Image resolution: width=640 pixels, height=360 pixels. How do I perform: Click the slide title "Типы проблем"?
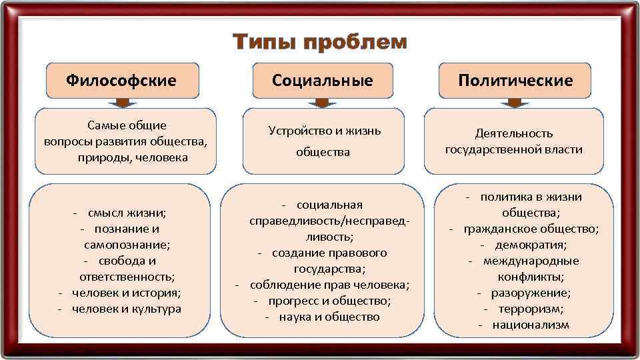click(x=320, y=43)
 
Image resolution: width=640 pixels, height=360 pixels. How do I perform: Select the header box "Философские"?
click(x=121, y=81)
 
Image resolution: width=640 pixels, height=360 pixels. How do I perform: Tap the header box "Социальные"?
click(x=322, y=81)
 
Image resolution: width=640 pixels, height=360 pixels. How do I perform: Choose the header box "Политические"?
click(x=515, y=81)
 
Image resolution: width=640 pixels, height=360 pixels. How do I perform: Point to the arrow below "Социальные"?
click(x=322, y=103)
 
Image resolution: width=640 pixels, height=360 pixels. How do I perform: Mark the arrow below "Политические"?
click(x=515, y=103)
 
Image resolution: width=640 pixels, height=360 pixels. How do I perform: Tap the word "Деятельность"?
click(x=514, y=133)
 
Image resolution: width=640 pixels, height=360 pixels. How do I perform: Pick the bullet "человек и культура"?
click(x=126, y=309)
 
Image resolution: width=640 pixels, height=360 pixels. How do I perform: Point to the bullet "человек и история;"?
click(x=126, y=293)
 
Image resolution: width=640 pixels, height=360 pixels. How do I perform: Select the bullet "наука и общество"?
click(x=329, y=317)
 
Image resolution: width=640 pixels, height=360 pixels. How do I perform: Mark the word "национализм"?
click(x=531, y=325)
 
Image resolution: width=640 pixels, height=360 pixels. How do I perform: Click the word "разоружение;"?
click(x=531, y=293)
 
